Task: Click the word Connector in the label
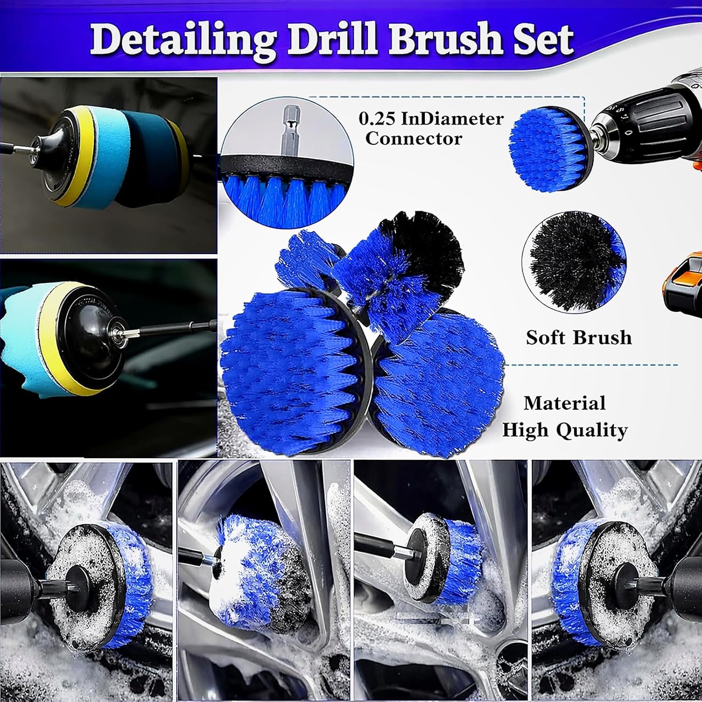coord(414,139)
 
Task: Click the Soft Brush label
coord(579,337)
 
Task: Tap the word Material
coord(564,403)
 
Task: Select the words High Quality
coord(564,431)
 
